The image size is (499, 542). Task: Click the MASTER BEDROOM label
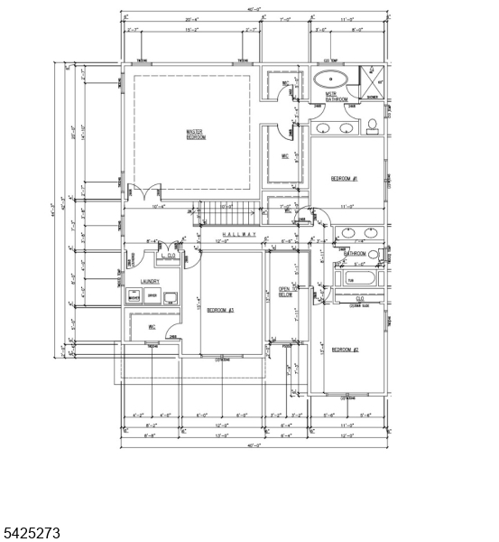point(196,134)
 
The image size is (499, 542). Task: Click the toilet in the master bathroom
point(372,126)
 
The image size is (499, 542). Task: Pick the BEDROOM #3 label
point(220,311)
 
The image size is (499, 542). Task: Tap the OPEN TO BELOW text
point(285,291)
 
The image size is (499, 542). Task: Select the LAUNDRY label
point(149,282)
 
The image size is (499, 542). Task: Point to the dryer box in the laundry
point(152,296)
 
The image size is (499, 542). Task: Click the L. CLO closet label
point(168,257)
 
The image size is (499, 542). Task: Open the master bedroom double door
point(144,193)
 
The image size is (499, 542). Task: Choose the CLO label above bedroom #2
point(360,299)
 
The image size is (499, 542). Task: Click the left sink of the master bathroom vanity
point(325,128)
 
